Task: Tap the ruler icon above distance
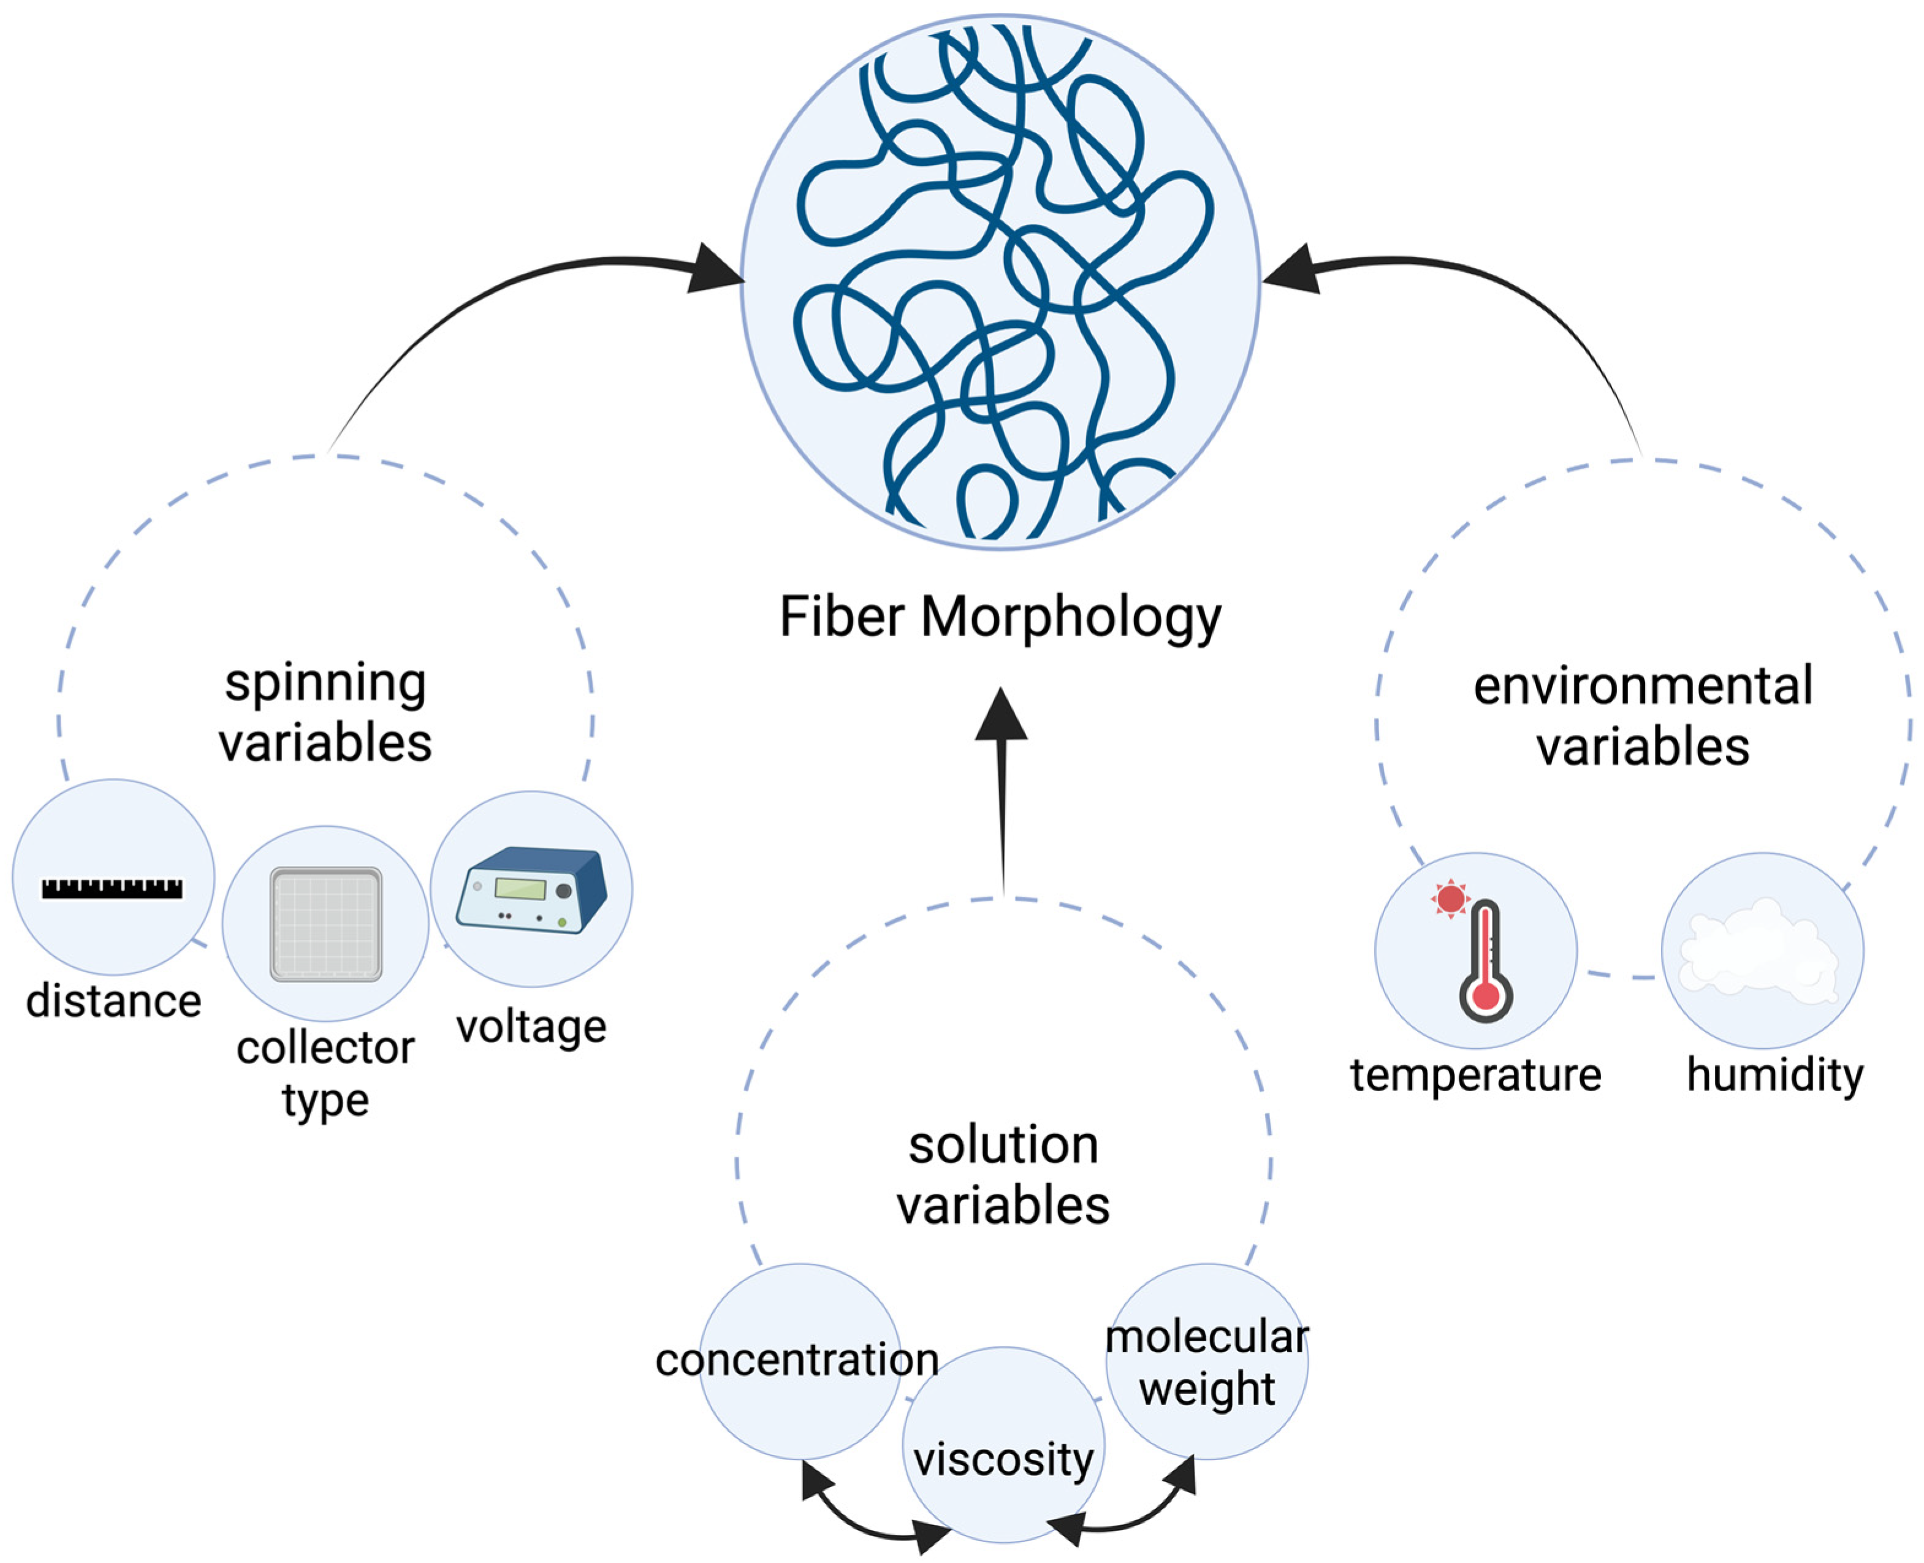click(x=113, y=889)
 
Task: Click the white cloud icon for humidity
click(x=1760, y=953)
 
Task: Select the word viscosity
click(x=1003, y=1459)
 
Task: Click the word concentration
click(x=797, y=1360)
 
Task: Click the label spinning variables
click(x=325, y=712)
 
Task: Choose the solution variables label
click(x=1003, y=1175)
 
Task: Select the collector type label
click(x=325, y=1073)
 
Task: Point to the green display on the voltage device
click(x=520, y=889)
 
